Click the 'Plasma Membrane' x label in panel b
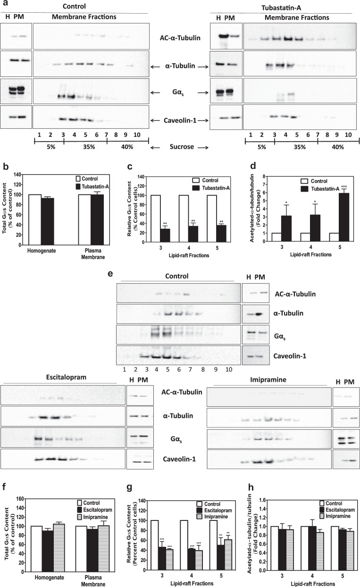pyautogui.click(x=90, y=255)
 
